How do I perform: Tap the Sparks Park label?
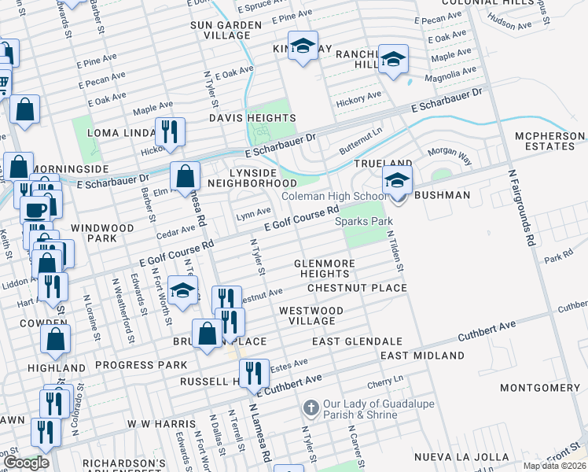point(364,222)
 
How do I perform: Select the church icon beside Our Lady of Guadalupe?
point(311,407)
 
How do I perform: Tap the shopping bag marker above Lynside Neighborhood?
point(185,175)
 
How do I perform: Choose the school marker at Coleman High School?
point(397,182)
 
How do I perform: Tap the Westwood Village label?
point(311,315)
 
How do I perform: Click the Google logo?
point(27,463)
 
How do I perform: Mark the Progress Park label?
point(141,365)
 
